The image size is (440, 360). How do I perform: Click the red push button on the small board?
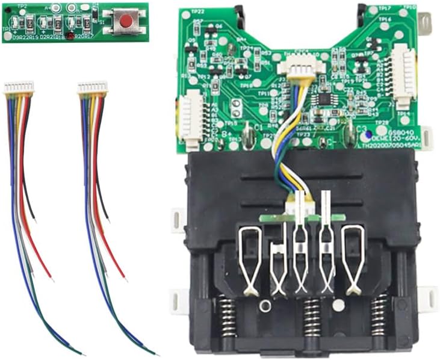[x=126, y=22]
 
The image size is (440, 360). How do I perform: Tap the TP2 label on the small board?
[x=21, y=5]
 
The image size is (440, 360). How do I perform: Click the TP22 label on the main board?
[x=197, y=11]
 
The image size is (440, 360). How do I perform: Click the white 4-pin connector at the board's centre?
[x=300, y=72]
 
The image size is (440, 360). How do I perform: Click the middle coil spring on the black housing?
[x=311, y=317]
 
